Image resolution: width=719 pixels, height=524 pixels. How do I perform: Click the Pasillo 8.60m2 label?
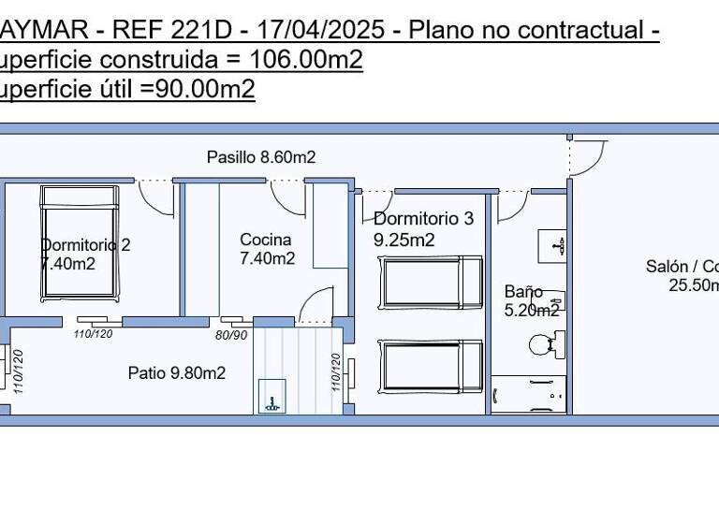click(x=261, y=157)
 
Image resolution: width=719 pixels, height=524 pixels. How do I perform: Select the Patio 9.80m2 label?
click(x=177, y=373)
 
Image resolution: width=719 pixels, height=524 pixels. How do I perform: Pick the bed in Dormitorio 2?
click(x=81, y=242)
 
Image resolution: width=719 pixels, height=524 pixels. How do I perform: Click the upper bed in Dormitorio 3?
click(x=432, y=282)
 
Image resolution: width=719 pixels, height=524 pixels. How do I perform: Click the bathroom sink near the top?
click(x=552, y=246)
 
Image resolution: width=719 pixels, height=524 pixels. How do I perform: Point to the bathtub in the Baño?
click(x=529, y=394)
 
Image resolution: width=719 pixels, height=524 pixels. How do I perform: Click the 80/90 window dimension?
click(x=231, y=334)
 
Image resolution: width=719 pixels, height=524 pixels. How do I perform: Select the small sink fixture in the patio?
click(x=271, y=396)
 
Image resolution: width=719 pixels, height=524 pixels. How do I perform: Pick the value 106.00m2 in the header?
click(x=307, y=60)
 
